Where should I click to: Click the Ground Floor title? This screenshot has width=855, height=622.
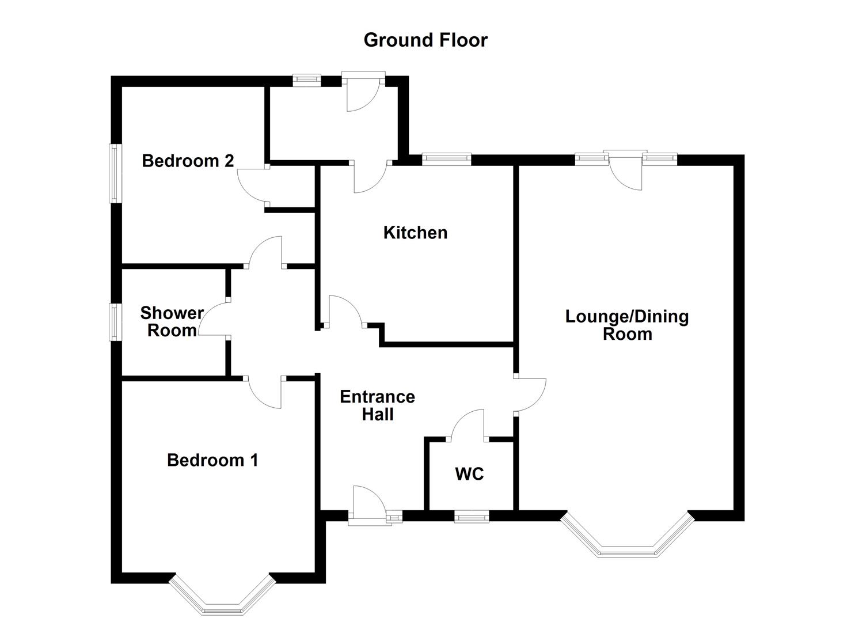425,40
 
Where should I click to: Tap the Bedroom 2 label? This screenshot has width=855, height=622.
188,161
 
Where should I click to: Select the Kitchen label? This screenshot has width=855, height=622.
415,233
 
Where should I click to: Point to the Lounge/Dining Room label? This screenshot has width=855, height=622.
627,325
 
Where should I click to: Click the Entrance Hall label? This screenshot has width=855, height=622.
377,405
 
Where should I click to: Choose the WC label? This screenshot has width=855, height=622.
469,475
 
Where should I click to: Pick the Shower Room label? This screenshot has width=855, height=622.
172,322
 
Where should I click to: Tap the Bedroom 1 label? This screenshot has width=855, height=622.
212,460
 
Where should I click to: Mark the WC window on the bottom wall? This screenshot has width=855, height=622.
472,518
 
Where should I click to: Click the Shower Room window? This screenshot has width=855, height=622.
116,322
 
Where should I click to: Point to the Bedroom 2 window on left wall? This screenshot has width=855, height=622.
116,173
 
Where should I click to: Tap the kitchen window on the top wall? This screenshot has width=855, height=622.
446,159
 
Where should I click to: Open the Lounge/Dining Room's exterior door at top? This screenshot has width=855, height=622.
625,170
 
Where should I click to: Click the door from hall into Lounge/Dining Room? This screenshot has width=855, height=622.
530,395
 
